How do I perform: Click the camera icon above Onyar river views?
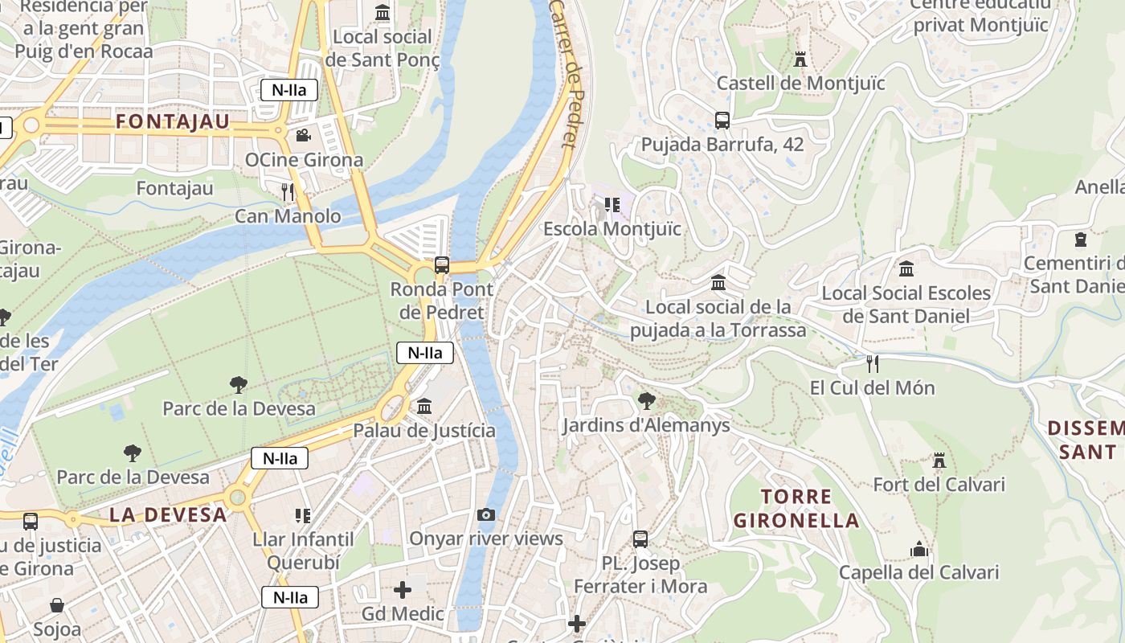click(486, 514)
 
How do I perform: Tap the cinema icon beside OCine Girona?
click(303, 135)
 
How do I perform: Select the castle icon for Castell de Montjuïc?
click(800, 59)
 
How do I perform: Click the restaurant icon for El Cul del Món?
click(873, 364)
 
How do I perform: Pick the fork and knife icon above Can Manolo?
click(288, 191)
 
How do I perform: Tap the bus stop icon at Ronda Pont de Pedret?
click(441, 264)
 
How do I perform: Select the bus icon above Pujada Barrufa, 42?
click(722, 121)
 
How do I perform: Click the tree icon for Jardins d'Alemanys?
click(646, 400)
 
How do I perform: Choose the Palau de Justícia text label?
click(424, 431)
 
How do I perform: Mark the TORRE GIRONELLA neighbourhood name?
click(796, 508)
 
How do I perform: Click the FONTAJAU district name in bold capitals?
click(173, 122)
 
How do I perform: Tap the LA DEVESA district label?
click(168, 515)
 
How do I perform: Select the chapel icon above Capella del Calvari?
click(919, 549)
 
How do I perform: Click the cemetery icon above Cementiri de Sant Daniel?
click(1081, 240)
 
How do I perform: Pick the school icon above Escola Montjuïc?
click(612, 205)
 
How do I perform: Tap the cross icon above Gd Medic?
click(403, 590)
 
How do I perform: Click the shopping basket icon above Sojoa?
click(57, 604)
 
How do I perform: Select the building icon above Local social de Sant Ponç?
click(382, 13)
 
